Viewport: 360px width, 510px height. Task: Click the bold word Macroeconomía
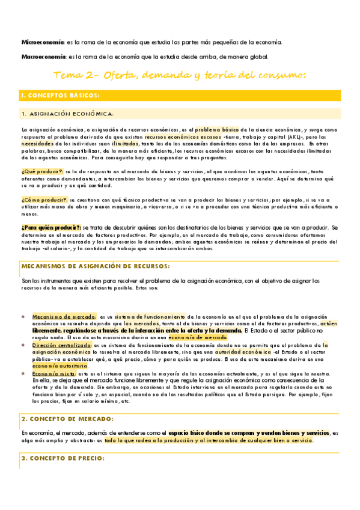pos(43,57)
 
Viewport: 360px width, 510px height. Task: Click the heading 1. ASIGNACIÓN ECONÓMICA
pos(67,114)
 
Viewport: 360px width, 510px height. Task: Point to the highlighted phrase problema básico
pos(216,129)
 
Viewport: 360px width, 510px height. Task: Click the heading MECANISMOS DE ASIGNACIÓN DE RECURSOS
pos(96,266)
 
